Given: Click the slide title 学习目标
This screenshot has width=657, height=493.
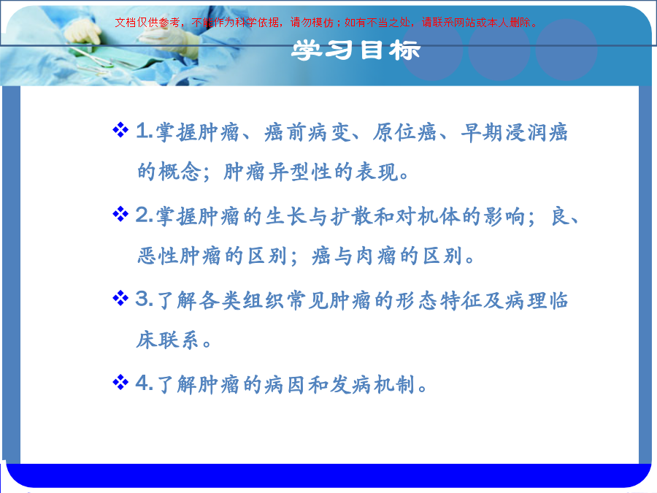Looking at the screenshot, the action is coord(356,50).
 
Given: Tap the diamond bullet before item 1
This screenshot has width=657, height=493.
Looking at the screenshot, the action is coord(120,130).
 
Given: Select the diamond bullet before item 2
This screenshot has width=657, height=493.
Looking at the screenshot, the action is coord(120,214).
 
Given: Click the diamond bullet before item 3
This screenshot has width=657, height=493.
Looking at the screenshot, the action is coord(120,299).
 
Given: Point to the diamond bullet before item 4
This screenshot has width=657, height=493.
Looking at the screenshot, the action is coord(120,382).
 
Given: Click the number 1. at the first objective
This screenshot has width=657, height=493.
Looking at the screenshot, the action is coord(144,131).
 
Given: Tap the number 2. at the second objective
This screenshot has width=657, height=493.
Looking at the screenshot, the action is coord(144,215).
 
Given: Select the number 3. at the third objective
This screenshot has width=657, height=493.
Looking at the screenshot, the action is coord(144,299).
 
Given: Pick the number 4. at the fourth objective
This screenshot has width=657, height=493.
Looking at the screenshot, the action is coord(144,383).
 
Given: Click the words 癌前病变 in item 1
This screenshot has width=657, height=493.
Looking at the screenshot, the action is coord(307,132).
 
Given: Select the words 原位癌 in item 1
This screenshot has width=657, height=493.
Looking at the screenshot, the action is coord(404,132).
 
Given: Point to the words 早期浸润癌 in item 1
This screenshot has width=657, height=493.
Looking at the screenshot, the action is coord(514,132).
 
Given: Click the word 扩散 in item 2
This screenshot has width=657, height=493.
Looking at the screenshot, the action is coord(352,217).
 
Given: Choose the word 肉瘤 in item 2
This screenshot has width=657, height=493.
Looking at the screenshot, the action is coord(376,256).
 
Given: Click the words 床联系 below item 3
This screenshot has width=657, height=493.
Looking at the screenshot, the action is coord(167,340).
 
